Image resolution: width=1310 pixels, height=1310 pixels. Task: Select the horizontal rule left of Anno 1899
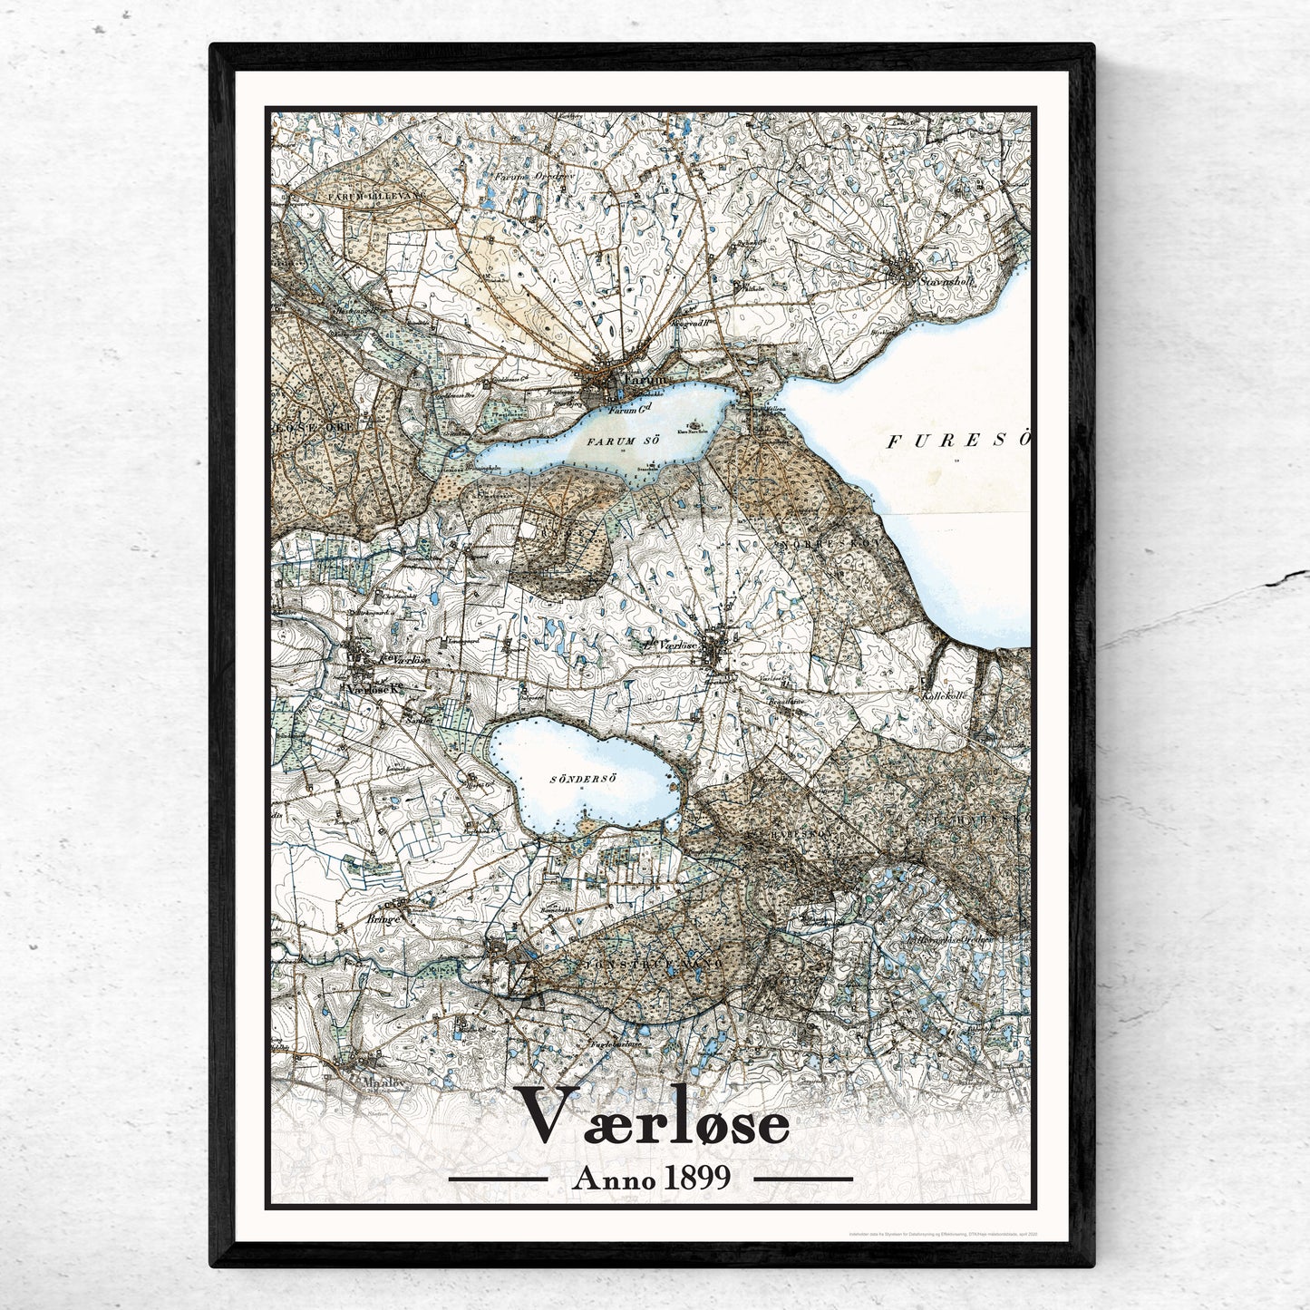tap(498, 1179)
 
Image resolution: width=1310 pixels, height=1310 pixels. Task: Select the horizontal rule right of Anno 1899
tap(803, 1179)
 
